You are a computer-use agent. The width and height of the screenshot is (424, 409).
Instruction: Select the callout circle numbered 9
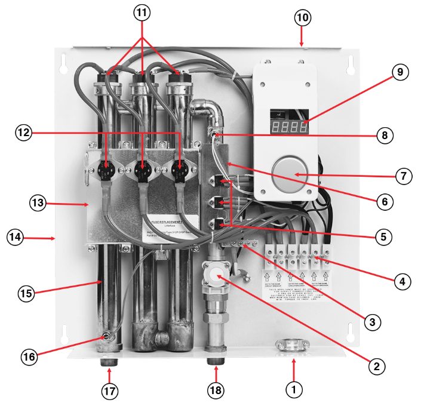(x=400, y=72)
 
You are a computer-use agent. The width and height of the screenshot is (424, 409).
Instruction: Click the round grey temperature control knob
(x=289, y=173)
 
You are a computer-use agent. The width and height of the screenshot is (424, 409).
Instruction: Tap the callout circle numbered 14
(x=16, y=237)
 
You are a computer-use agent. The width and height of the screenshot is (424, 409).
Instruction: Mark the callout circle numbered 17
(x=110, y=392)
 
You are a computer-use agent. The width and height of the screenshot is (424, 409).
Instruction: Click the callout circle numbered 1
(x=293, y=390)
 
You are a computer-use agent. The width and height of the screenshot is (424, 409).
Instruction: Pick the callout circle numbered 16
(x=29, y=356)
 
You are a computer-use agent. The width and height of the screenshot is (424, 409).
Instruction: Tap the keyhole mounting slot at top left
(x=64, y=61)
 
